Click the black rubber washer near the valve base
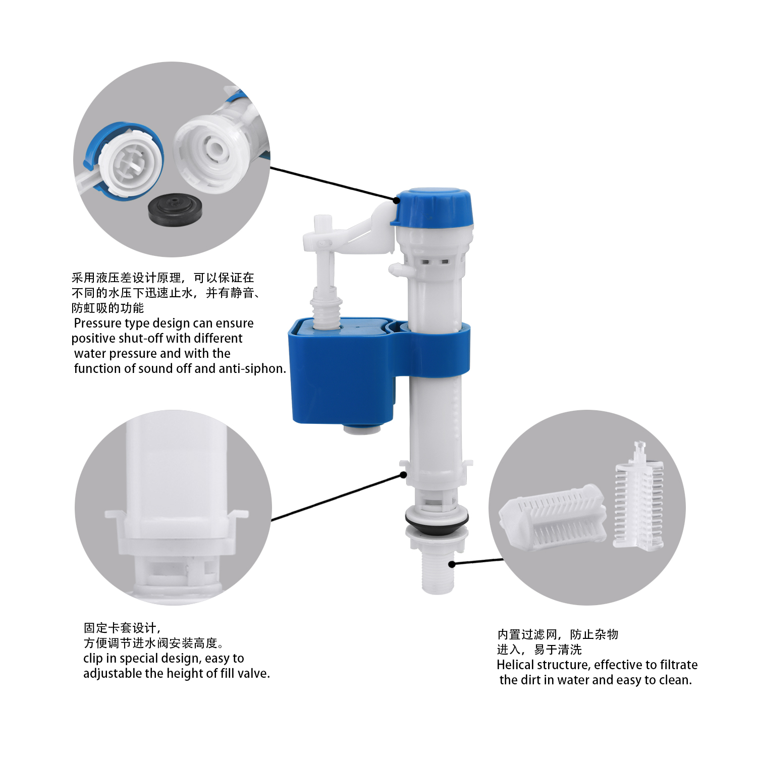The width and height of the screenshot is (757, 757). coord(437,520)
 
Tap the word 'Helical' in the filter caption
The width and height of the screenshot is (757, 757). coord(516,665)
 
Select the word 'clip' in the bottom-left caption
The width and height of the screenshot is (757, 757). coord(93,659)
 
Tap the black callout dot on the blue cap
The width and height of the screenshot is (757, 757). coord(396,200)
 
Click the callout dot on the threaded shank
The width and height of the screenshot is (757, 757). coord(452,564)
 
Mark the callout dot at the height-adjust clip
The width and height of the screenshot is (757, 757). coord(403,474)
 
